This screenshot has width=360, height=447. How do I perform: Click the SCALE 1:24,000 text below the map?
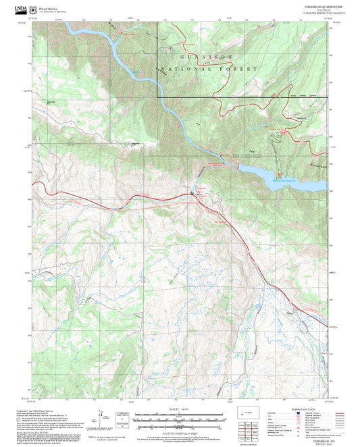(x=179, y=409)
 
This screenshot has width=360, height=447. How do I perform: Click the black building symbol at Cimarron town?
(x=192, y=193)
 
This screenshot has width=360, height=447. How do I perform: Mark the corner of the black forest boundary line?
(x=158, y=98)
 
